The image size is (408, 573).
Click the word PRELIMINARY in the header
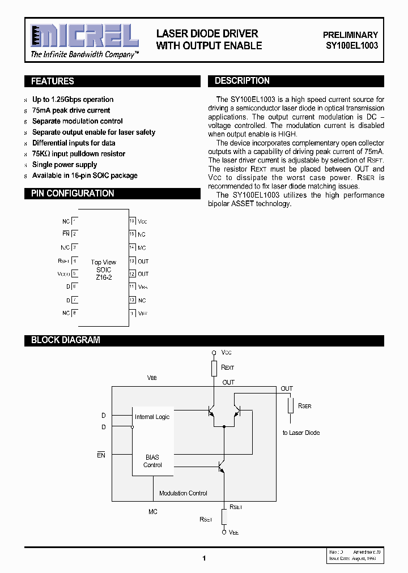click(x=350, y=35)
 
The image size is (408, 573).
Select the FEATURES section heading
click(x=53, y=81)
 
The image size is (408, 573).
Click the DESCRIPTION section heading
click(x=242, y=81)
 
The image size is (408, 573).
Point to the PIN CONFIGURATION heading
click(x=73, y=194)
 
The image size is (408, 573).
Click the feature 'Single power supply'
click(x=65, y=165)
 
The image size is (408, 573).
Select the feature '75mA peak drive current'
click(x=71, y=110)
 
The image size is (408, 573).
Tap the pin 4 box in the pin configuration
click(x=74, y=261)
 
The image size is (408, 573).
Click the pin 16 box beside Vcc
click(x=132, y=221)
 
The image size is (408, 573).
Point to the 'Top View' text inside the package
click(x=103, y=262)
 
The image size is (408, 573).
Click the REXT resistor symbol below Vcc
click(x=214, y=369)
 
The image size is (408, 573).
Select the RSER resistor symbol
click(x=290, y=406)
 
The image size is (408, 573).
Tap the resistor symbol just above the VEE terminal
click(x=224, y=516)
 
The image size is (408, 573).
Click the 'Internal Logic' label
click(x=152, y=417)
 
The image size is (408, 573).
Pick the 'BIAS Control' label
click(x=152, y=461)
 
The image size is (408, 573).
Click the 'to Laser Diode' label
click(x=301, y=433)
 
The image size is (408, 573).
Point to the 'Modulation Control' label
click(x=183, y=493)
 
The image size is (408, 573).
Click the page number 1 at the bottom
click(x=204, y=558)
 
